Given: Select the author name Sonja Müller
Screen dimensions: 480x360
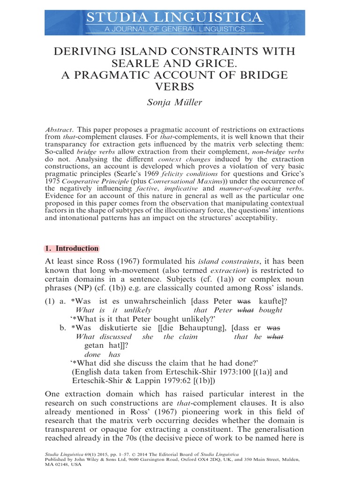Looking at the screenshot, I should point(180,102).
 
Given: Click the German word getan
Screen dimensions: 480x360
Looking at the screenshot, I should point(93,345).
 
